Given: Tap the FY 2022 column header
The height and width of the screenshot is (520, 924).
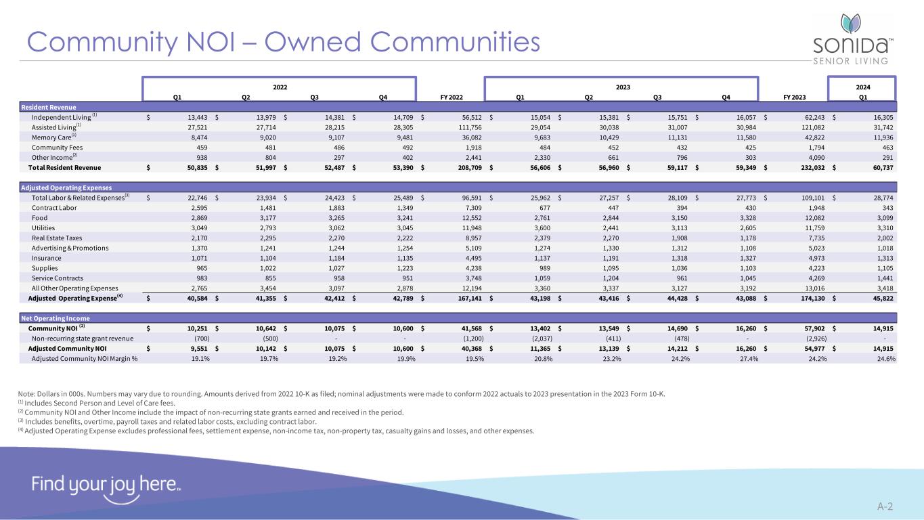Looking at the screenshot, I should (451, 97).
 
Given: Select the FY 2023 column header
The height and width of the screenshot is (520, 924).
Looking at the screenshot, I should (793, 97).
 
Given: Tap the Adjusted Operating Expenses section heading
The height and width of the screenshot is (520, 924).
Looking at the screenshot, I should (66, 188).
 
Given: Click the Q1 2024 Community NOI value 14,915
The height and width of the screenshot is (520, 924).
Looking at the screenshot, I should (881, 328).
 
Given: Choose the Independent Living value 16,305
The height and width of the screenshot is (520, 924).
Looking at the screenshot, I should (881, 116).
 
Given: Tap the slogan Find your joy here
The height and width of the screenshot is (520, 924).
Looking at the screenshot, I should (105, 485).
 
